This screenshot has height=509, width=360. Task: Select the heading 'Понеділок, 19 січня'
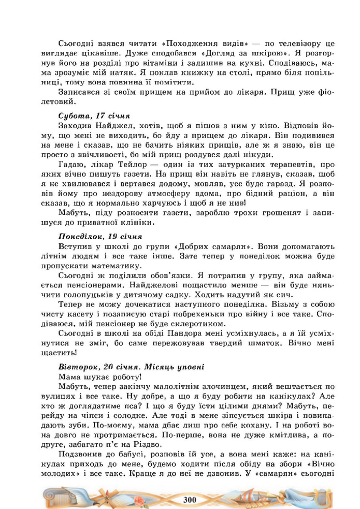(x=100, y=236)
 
